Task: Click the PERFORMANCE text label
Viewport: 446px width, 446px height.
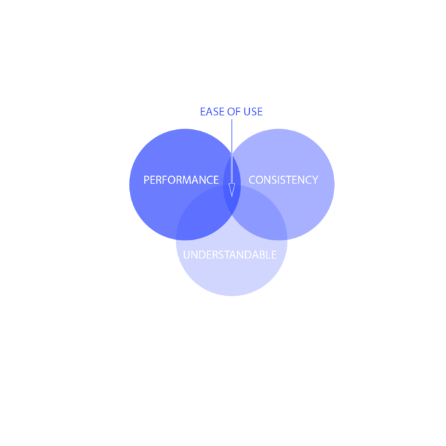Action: pos(181,179)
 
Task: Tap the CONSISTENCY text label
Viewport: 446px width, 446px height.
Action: pos(283,179)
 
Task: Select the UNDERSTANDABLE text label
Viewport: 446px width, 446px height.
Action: pos(230,254)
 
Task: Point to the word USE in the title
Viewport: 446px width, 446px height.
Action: pos(253,111)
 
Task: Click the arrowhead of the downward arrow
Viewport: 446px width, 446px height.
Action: pos(232,190)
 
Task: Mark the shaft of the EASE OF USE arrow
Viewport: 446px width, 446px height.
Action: pos(232,151)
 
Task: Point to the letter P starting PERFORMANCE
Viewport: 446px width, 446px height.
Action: pos(146,179)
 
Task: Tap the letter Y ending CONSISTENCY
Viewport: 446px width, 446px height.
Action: pos(315,179)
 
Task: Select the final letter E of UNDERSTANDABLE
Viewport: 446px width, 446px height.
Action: pos(274,255)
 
